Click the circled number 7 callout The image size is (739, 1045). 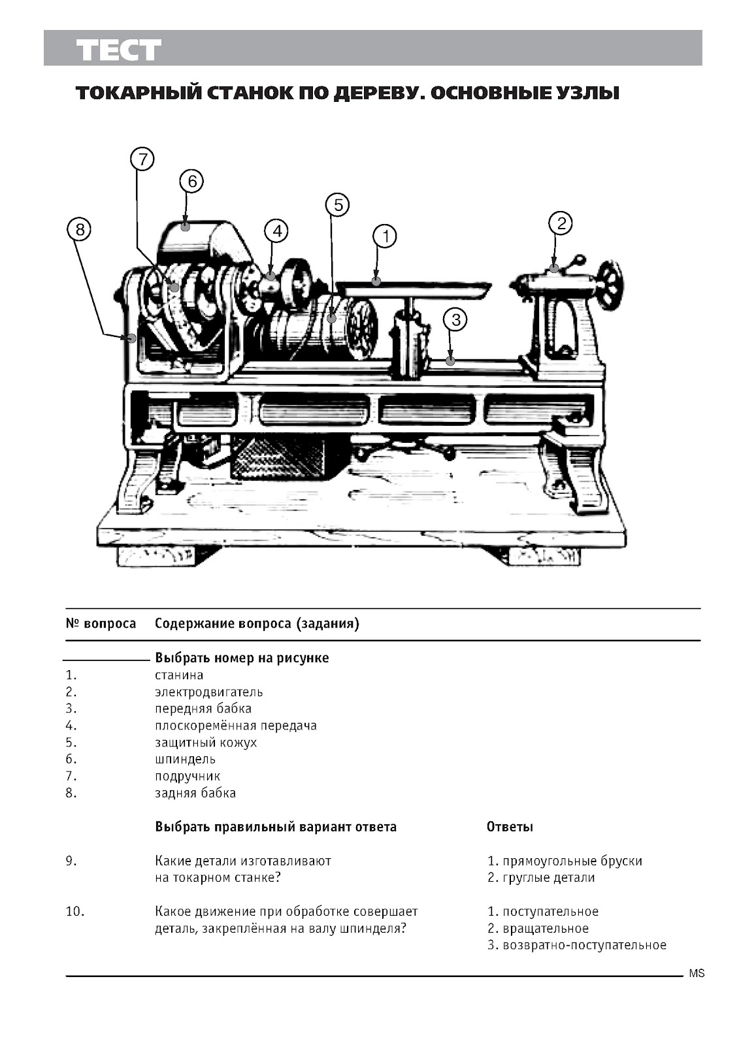142,159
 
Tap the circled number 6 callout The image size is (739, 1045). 192,181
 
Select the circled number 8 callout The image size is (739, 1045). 79,229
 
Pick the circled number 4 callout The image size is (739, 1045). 276,231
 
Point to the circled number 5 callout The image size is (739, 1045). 337,205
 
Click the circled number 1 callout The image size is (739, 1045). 385,236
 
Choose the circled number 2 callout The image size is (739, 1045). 561,223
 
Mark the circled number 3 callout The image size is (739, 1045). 455,320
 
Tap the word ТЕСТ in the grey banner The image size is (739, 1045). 118,50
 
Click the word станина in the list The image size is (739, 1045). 179,675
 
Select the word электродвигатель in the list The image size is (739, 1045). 208,692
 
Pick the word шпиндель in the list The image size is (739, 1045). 185,759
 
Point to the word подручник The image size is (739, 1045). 188,776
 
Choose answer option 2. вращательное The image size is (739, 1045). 538,928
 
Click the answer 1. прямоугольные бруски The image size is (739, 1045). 565,861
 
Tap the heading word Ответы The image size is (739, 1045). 510,827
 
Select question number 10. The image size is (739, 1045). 74,911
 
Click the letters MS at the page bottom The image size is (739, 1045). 697,974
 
